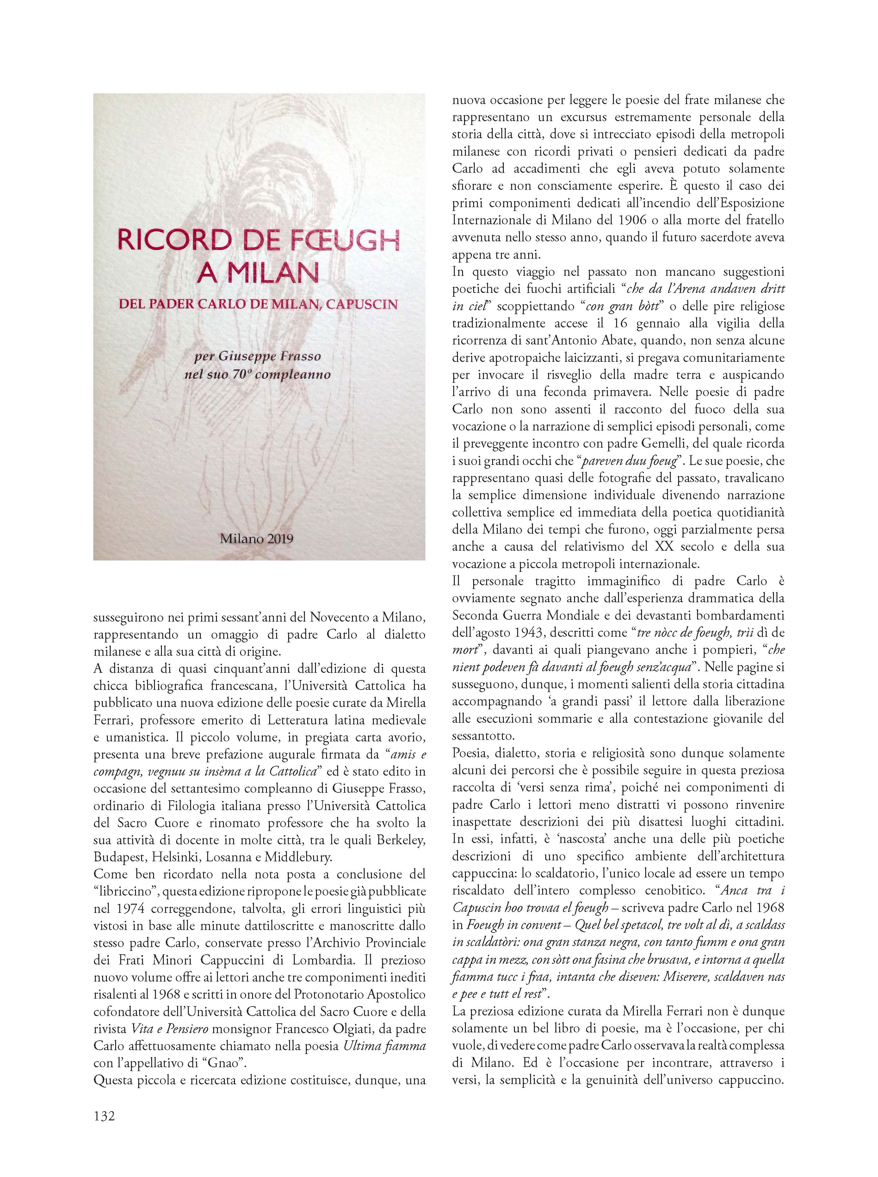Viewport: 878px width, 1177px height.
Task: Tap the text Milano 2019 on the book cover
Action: point(257,538)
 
